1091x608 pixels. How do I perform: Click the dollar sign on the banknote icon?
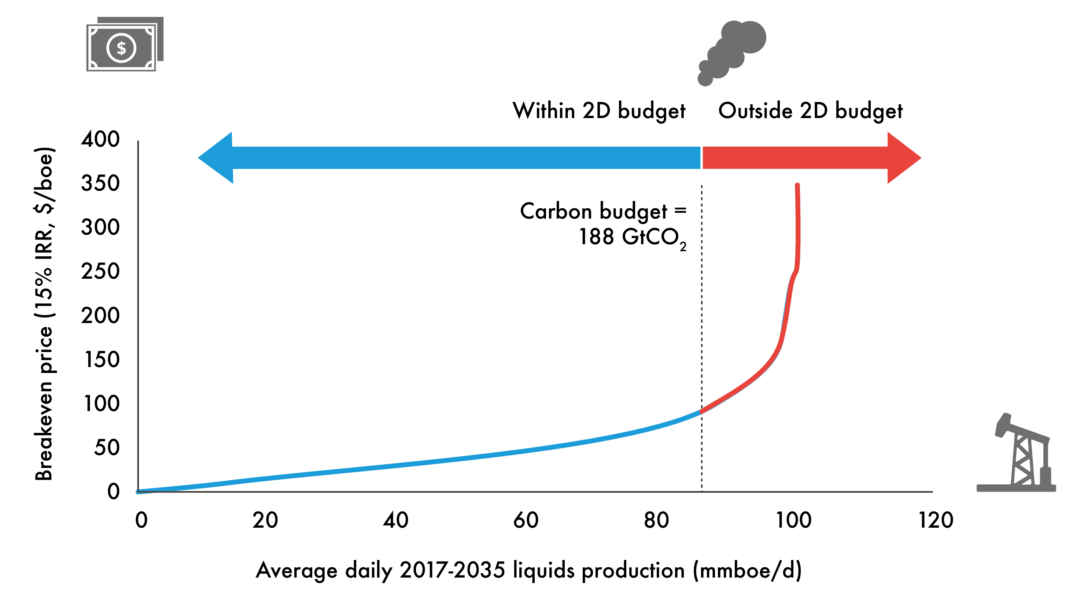click(x=122, y=48)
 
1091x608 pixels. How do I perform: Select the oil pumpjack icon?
click(x=1021, y=455)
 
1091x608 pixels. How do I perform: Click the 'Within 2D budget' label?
click(x=599, y=111)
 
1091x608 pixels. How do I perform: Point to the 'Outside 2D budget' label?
click(x=810, y=111)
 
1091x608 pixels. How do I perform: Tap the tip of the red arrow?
click(x=920, y=158)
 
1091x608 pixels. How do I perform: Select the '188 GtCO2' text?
click(x=632, y=237)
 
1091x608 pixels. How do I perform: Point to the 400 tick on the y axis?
click(x=100, y=139)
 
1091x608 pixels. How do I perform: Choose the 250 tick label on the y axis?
click(x=100, y=271)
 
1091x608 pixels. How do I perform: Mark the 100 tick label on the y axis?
click(x=102, y=403)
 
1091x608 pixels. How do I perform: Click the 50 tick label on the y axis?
click(x=107, y=447)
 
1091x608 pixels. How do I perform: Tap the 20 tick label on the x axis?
click(x=265, y=520)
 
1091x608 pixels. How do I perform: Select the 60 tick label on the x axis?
click(x=526, y=520)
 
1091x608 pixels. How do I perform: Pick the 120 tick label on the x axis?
click(x=936, y=520)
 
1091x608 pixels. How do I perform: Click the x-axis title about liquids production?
click(x=528, y=570)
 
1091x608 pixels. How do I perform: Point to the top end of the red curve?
click(x=797, y=185)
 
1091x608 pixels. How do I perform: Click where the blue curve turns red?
click(x=702, y=411)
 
